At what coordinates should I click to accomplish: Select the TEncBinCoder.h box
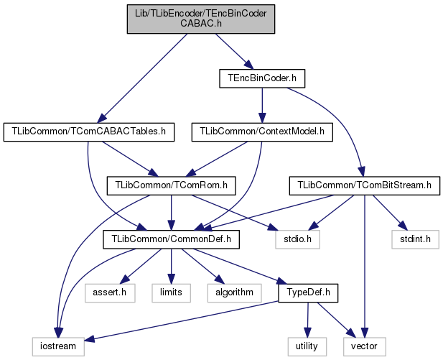(x=262, y=77)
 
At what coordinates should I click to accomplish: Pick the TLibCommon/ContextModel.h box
(x=262, y=131)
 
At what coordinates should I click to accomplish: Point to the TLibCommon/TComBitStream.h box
(x=364, y=185)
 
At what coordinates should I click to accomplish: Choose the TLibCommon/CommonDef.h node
(x=171, y=239)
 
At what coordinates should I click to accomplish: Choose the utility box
(x=309, y=346)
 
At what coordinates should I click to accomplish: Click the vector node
(x=363, y=346)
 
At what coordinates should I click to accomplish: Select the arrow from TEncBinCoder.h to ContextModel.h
(x=262, y=104)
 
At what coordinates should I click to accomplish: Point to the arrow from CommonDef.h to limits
(x=171, y=266)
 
